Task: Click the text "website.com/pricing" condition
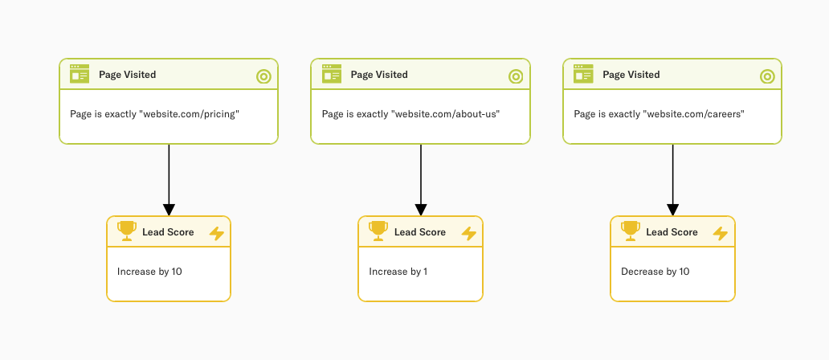click(x=149, y=114)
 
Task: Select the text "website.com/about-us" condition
click(x=410, y=114)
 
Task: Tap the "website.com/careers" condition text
click(x=659, y=114)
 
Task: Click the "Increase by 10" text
click(x=149, y=272)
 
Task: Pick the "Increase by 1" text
click(x=398, y=272)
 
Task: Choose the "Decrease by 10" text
click(x=655, y=272)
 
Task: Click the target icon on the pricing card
click(x=263, y=76)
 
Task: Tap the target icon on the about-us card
click(x=516, y=76)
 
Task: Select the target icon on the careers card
click(x=767, y=76)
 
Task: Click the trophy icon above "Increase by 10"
click(x=127, y=231)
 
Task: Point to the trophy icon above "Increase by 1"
click(x=378, y=231)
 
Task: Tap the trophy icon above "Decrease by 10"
click(x=631, y=231)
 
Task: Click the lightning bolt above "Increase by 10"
click(x=217, y=233)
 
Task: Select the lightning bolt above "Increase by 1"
click(x=469, y=233)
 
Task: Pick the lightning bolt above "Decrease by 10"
click(x=721, y=233)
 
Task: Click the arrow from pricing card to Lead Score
click(x=169, y=180)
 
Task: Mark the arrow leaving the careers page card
click(x=672, y=180)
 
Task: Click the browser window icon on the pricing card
click(x=80, y=74)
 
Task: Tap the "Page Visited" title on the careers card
click(x=631, y=75)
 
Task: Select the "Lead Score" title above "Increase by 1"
click(x=419, y=232)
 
